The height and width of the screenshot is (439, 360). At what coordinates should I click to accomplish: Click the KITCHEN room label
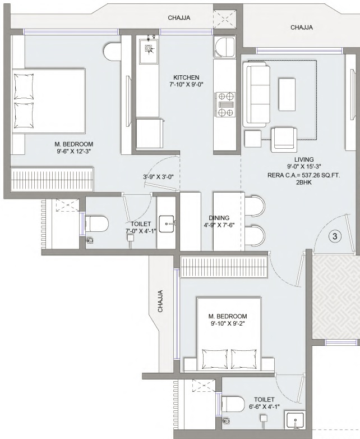point(186,77)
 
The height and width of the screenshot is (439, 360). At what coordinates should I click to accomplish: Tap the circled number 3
point(335,236)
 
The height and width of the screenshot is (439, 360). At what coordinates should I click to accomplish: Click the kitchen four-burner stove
point(225,104)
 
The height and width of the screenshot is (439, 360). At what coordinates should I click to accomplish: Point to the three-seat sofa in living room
point(256,94)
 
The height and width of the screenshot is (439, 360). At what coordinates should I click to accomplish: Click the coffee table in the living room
point(287,94)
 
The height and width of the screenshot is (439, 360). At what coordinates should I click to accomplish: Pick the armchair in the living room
point(284,139)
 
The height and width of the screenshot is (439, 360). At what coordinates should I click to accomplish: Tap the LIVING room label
point(304,159)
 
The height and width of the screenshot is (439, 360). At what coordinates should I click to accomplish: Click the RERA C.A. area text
point(304,176)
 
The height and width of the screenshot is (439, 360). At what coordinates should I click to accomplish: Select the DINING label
point(219,218)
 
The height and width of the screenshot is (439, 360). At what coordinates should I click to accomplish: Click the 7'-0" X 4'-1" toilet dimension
point(141,231)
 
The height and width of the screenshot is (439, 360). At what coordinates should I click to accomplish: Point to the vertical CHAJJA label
point(160,301)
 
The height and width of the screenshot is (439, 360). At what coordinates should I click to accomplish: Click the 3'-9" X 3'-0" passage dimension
point(158,177)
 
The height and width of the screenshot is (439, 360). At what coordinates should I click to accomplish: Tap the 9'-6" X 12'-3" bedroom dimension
point(74,151)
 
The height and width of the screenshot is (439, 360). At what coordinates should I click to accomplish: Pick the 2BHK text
point(304,182)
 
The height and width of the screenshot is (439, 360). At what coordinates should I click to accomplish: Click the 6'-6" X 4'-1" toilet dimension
point(264,406)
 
